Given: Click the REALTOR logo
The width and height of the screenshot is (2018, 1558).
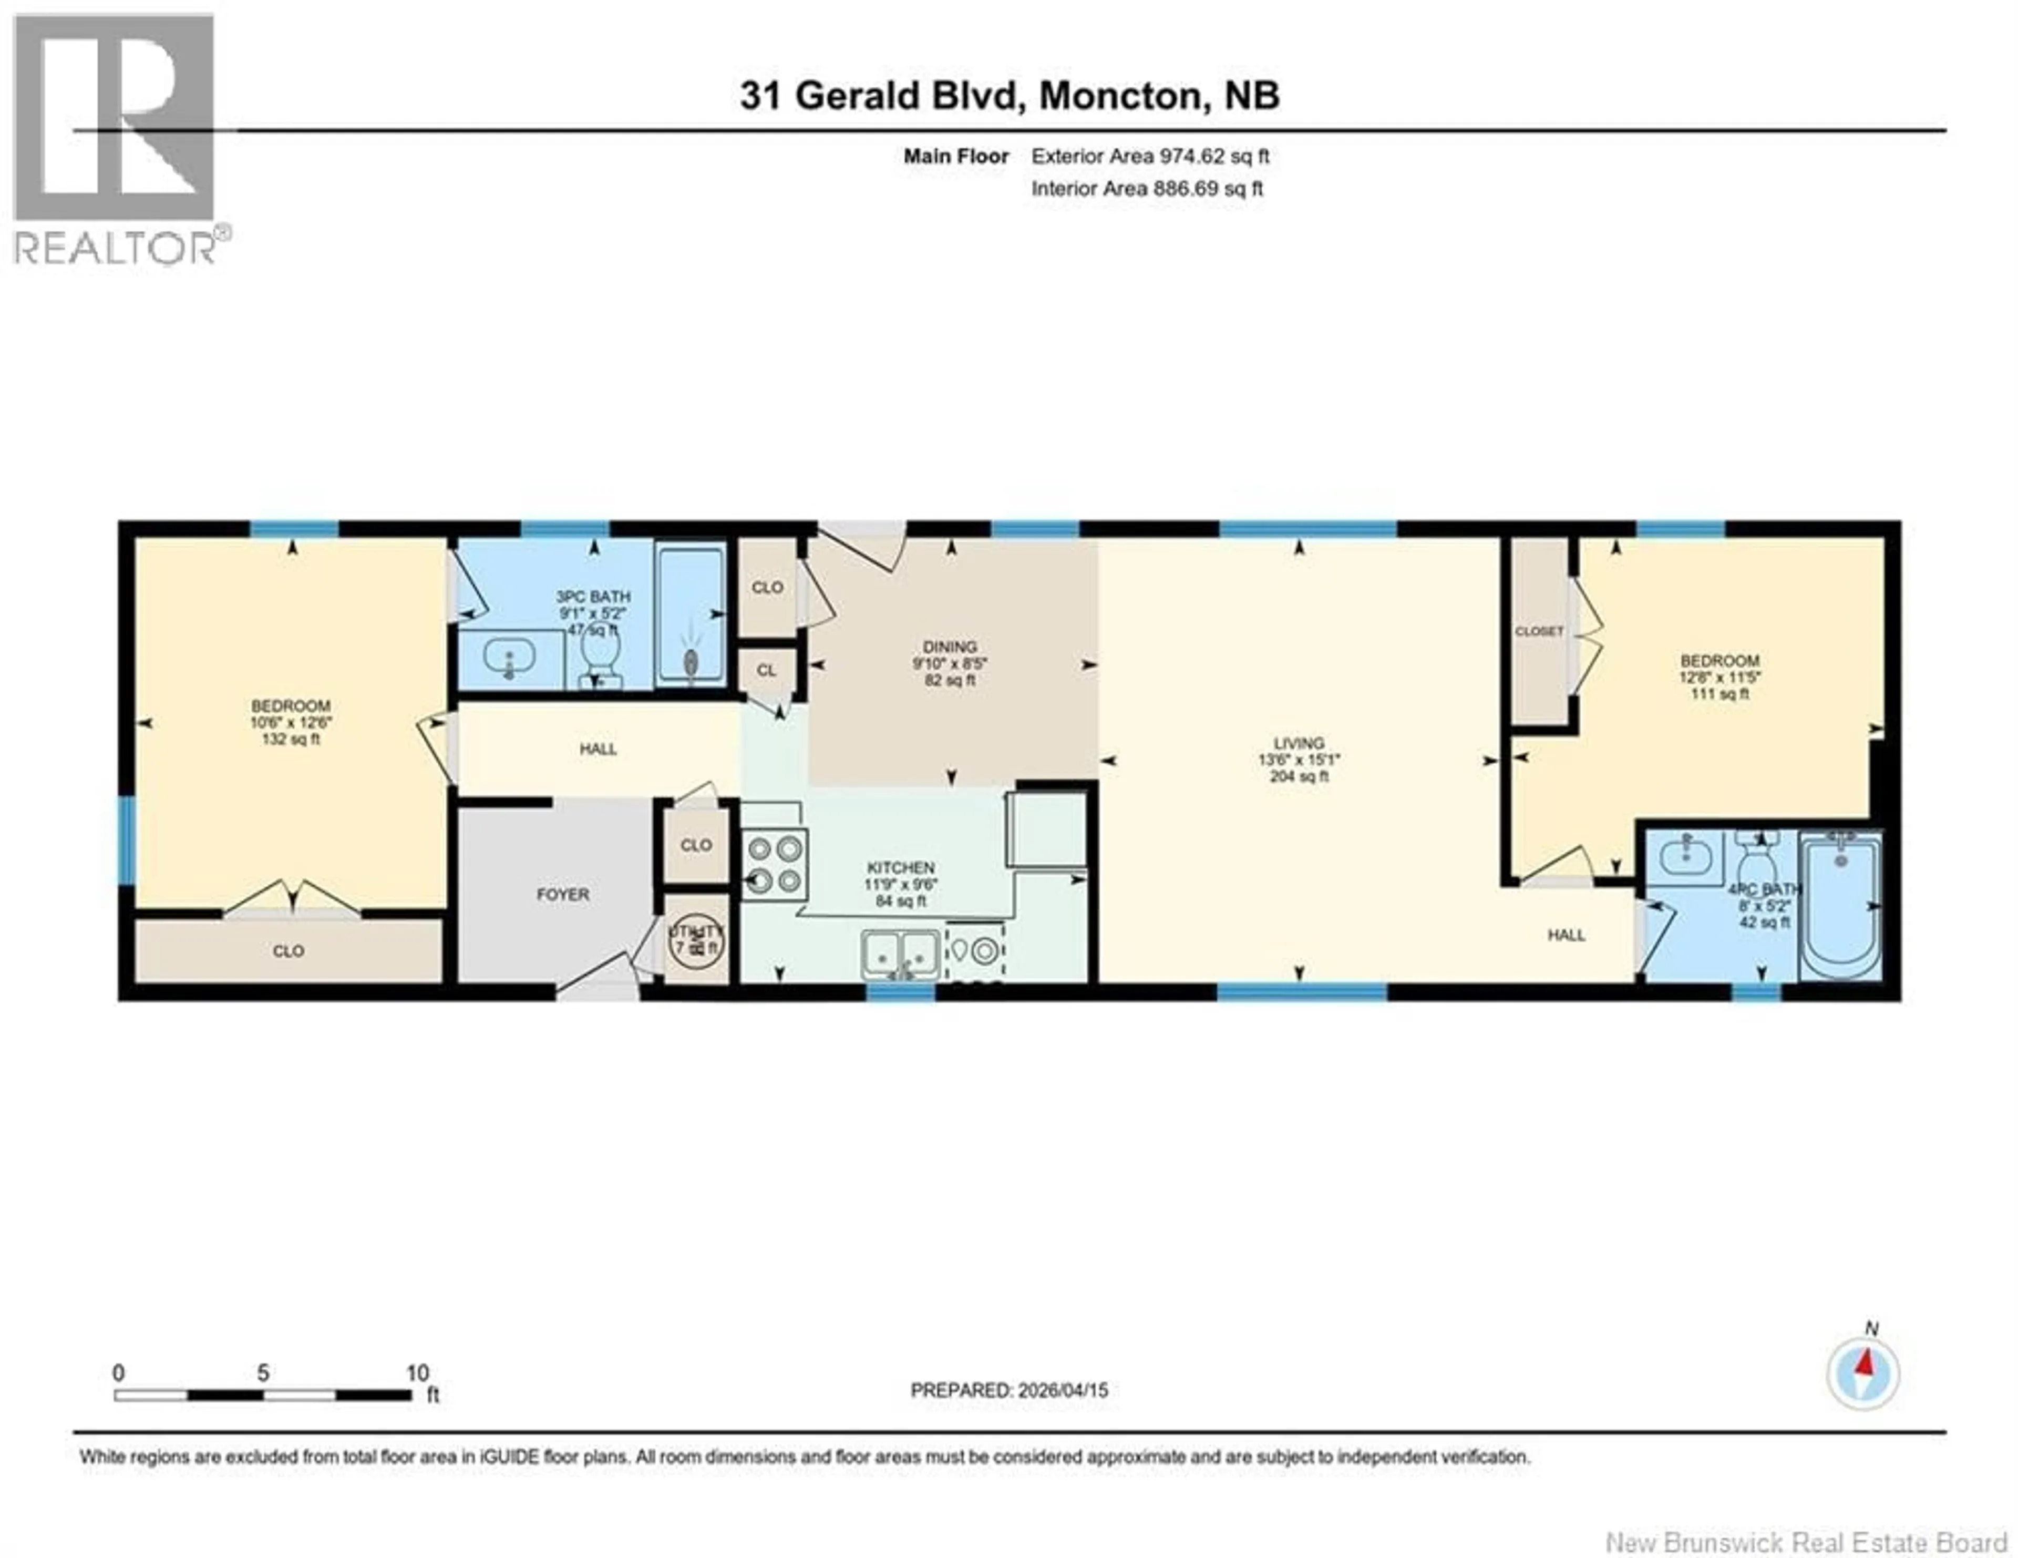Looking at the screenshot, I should [116, 139].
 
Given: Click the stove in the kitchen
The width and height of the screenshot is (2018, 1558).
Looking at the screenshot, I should [774, 865].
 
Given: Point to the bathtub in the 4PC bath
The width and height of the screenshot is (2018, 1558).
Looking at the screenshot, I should [1840, 906].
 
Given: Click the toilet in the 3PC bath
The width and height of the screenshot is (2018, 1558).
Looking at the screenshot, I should [600, 659].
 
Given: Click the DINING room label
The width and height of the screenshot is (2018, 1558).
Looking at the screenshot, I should [949, 647].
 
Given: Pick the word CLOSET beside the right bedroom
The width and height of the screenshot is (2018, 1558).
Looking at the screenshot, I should [1538, 631].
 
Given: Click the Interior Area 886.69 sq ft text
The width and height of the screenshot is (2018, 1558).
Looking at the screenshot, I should [1147, 189].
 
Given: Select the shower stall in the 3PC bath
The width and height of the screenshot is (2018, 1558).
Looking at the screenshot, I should [690, 614].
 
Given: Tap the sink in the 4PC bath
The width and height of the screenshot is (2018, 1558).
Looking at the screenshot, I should [1686, 855].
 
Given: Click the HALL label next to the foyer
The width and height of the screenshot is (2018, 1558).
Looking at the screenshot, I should [598, 749].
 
